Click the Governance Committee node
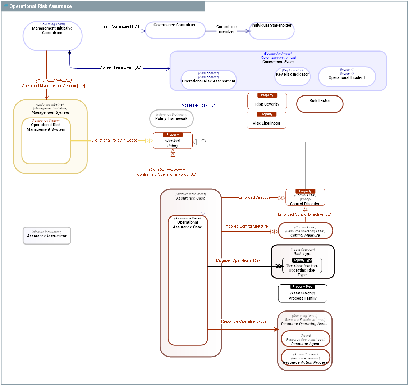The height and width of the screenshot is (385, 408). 175,30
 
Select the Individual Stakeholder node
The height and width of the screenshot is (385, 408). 271,31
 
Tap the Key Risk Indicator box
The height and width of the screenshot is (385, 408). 292,76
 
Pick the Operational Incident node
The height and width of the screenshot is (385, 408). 347,77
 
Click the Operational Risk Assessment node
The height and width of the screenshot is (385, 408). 208,80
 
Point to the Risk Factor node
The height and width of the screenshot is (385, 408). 320,104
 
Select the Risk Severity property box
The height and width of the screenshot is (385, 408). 267,101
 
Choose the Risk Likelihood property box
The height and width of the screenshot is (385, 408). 266,120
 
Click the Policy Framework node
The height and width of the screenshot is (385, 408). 171,119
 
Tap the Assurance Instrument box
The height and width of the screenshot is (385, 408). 47,236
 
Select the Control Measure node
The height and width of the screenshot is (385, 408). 305,231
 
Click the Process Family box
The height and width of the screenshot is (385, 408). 303,294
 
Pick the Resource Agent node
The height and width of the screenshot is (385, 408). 305,339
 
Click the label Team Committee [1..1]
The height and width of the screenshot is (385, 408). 120,26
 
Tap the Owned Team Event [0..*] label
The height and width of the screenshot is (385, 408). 121,67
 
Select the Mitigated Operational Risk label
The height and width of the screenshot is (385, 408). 238,260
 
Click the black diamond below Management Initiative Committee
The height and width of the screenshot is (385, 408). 70,53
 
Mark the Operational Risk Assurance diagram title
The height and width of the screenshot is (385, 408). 40,6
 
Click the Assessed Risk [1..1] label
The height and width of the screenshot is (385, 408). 199,105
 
